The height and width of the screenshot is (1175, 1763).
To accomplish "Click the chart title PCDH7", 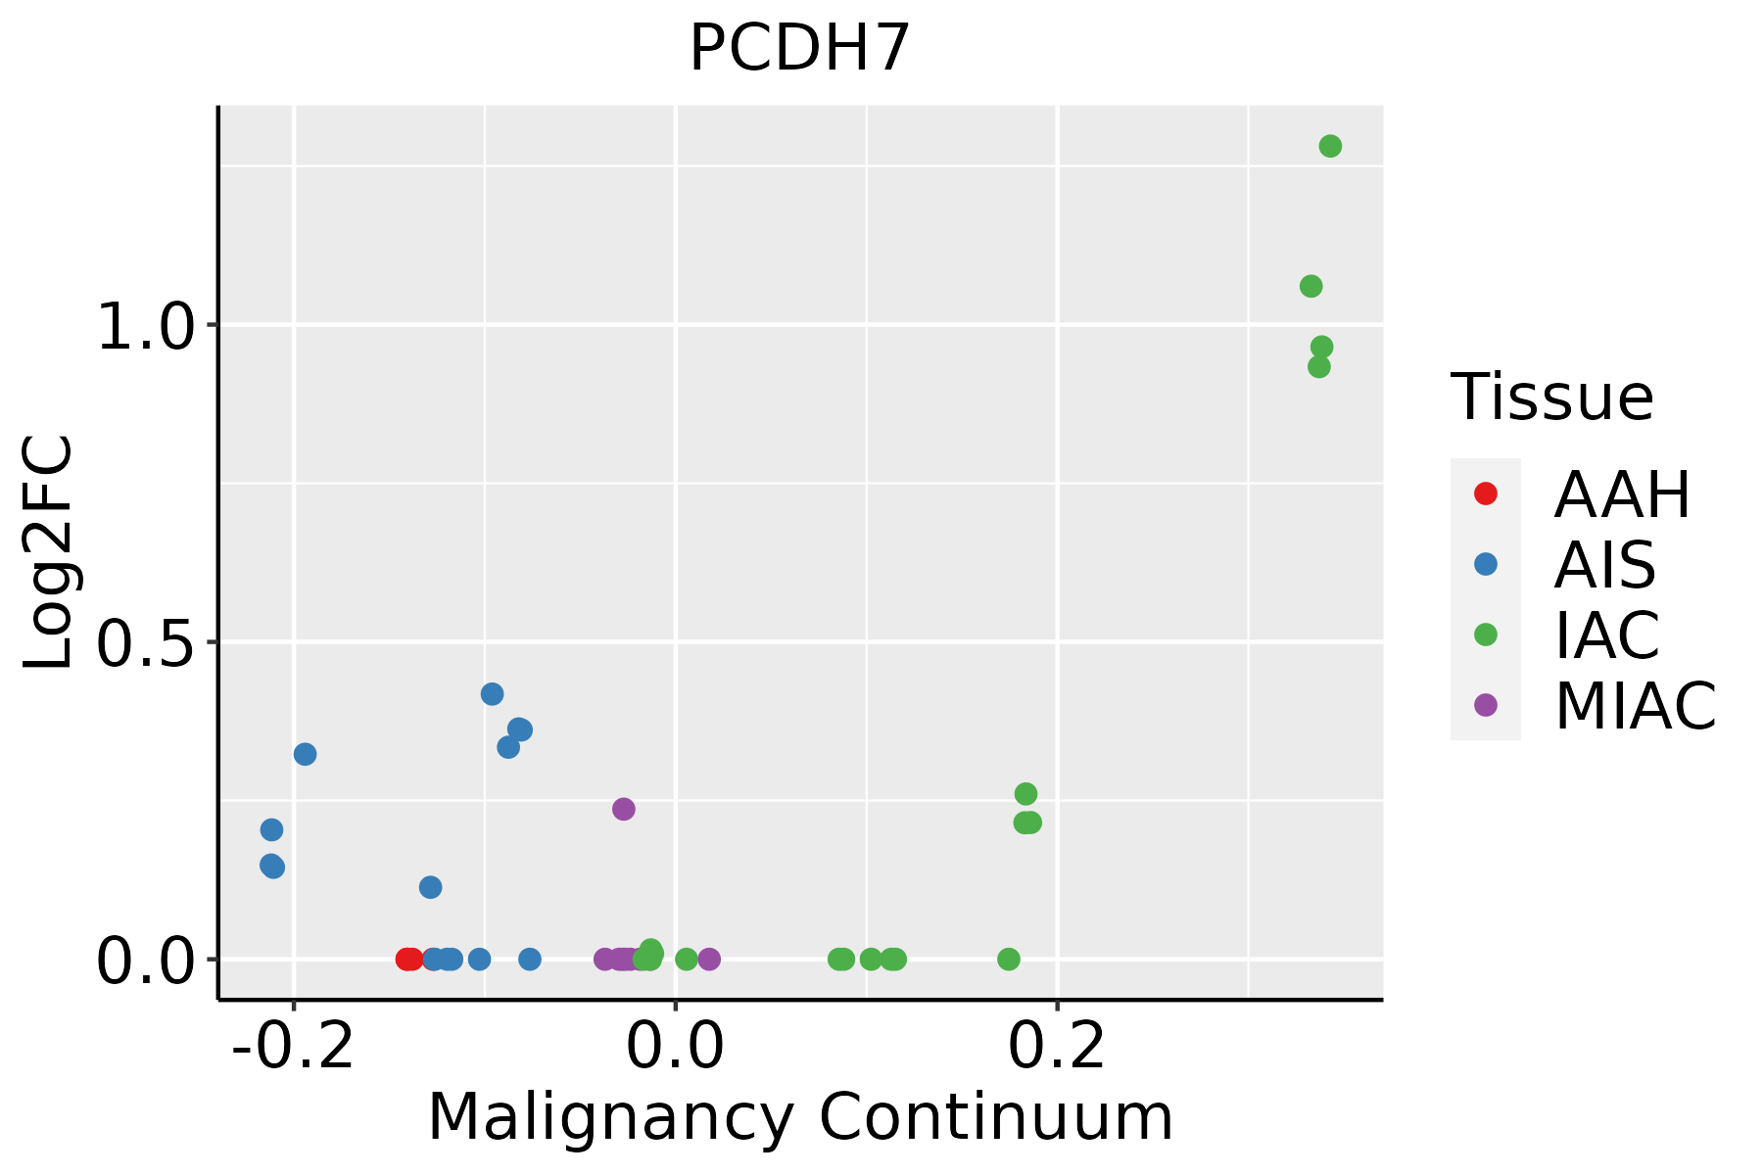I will [800, 48].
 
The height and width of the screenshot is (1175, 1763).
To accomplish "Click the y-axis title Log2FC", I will [49, 553].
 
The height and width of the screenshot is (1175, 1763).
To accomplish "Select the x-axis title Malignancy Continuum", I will [800, 1117].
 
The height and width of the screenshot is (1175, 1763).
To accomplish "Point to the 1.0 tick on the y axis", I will [148, 326].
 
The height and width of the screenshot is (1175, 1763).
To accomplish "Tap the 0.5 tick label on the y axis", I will [148, 643].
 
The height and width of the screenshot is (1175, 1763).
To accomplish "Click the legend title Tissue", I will [1552, 398].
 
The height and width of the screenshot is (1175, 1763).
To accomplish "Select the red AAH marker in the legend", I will [1486, 493].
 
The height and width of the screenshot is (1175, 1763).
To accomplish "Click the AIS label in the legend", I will [1605, 565].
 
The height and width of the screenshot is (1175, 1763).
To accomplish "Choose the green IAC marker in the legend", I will [1486, 634].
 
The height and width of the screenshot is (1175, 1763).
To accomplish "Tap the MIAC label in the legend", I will [1636, 706].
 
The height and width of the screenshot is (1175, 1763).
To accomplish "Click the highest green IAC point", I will [1330, 147].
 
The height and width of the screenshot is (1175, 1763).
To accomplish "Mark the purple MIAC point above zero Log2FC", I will [624, 809].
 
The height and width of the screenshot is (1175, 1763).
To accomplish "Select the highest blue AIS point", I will [493, 694].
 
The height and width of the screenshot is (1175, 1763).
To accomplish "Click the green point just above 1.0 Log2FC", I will [1310, 287].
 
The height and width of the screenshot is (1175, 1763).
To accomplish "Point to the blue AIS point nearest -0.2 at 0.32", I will [306, 754].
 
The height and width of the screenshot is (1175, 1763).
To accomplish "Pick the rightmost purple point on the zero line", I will [710, 960].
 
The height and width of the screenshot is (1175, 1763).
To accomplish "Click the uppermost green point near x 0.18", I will [1025, 794].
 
